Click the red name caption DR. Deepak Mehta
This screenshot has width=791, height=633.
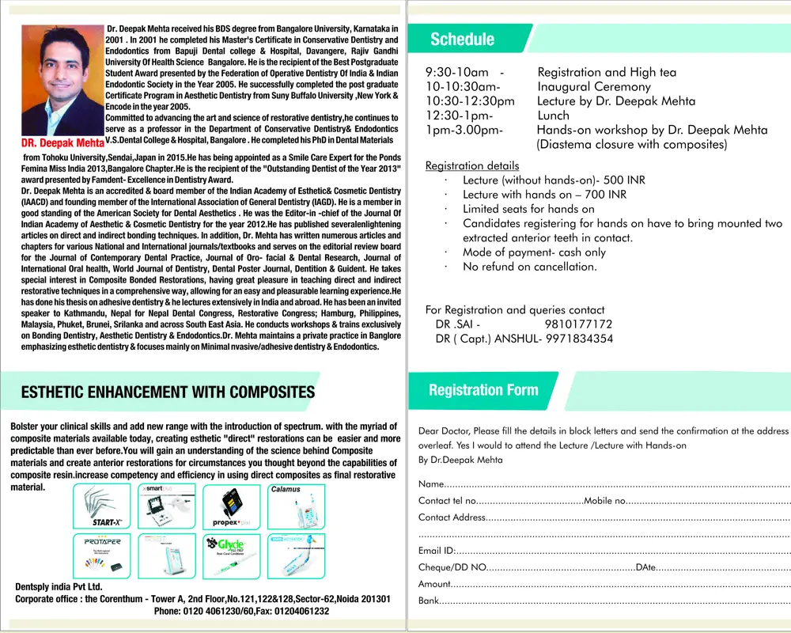pyautogui.click(x=62, y=143)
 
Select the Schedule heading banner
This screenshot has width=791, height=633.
pyautogui.click(x=462, y=40)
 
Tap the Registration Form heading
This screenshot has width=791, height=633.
pyautogui.click(x=483, y=390)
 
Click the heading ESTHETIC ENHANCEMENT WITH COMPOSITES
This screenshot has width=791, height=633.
pyautogui.click(x=168, y=392)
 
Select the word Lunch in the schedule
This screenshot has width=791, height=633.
pyautogui.click(x=553, y=116)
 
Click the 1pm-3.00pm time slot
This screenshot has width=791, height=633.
pyautogui.click(x=463, y=130)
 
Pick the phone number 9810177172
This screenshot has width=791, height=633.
pyautogui.click(x=578, y=324)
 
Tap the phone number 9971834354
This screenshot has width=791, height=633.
pyautogui.click(x=578, y=339)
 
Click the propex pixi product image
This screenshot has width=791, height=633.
pyautogui.click(x=231, y=507)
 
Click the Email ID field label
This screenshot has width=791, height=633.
pyautogui.click(x=437, y=550)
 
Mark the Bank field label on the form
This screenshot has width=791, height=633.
pyautogui.click(x=429, y=601)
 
